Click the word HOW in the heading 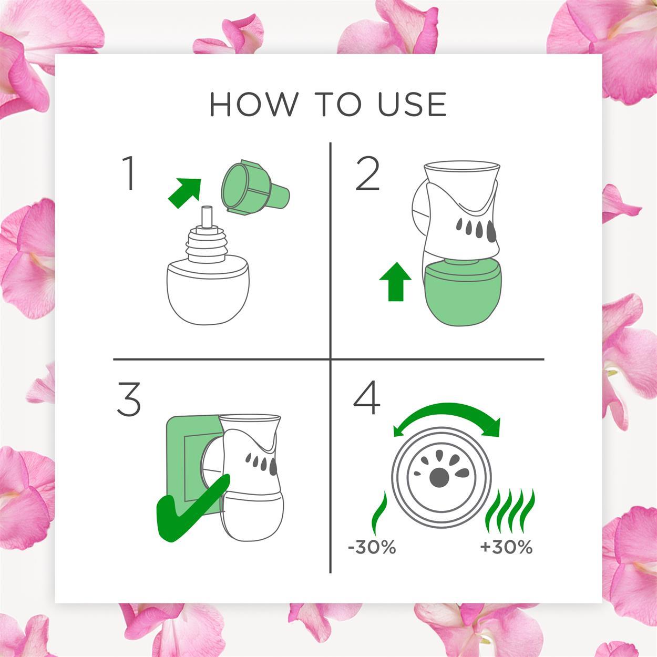tap(254, 104)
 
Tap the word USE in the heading tap(412, 104)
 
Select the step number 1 tap(128, 173)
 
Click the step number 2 tap(367, 174)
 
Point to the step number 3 tap(129, 399)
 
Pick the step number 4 tap(367, 397)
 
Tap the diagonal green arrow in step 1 tap(185, 193)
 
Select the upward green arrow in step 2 tap(395, 282)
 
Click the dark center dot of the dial tap(439, 478)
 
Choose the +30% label tap(506, 548)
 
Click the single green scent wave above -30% tap(379, 513)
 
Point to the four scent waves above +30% tap(510, 511)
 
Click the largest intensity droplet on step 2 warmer tap(491, 231)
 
